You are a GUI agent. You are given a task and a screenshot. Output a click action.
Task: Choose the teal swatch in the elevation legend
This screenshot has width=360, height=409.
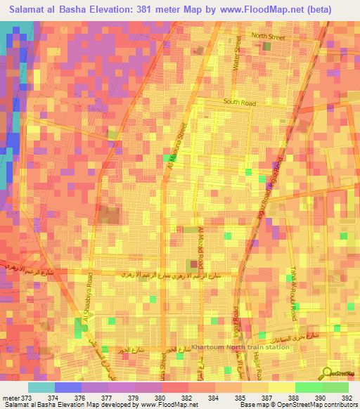[41, 387]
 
